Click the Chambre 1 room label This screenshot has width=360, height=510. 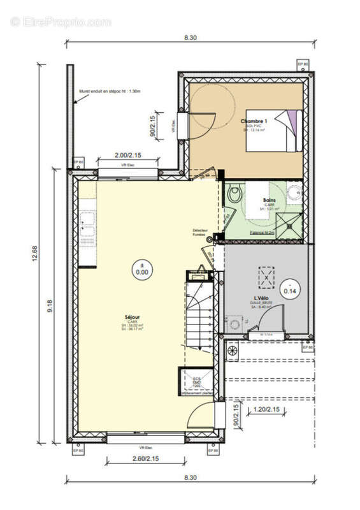(x=254, y=120)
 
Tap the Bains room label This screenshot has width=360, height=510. (x=269, y=200)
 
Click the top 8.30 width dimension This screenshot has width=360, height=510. (x=190, y=38)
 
